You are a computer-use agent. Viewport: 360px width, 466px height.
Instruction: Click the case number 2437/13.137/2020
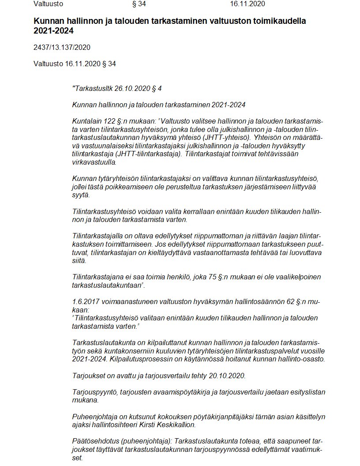tap(62, 47)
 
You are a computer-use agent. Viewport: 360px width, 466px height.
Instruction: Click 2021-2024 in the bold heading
tap(53, 31)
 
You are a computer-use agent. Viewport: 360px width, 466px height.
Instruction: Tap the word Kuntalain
tap(86, 120)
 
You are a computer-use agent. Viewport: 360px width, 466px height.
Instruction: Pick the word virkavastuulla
tap(95, 162)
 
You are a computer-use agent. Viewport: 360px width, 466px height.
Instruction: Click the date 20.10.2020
tap(229, 376)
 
